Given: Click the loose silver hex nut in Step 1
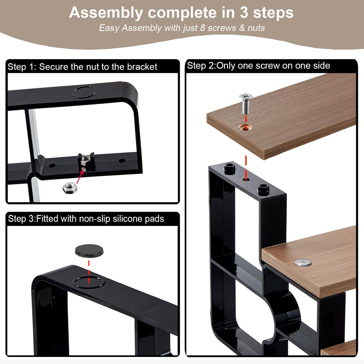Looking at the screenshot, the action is [70, 188].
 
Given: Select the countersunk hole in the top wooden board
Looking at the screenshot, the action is [245, 127].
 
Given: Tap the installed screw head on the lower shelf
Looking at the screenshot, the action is [303, 262].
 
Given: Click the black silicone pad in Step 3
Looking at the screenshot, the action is [89, 251].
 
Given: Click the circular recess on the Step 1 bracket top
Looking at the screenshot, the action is [84, 92].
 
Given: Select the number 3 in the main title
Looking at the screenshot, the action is [244, 13].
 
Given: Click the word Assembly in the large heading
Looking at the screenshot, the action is [106, 13].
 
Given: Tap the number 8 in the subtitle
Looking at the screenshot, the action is [203, 28].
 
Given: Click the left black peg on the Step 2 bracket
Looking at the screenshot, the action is [230, 169].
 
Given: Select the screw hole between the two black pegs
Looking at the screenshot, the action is [246, 179].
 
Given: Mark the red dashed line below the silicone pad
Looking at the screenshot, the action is [89, 272].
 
